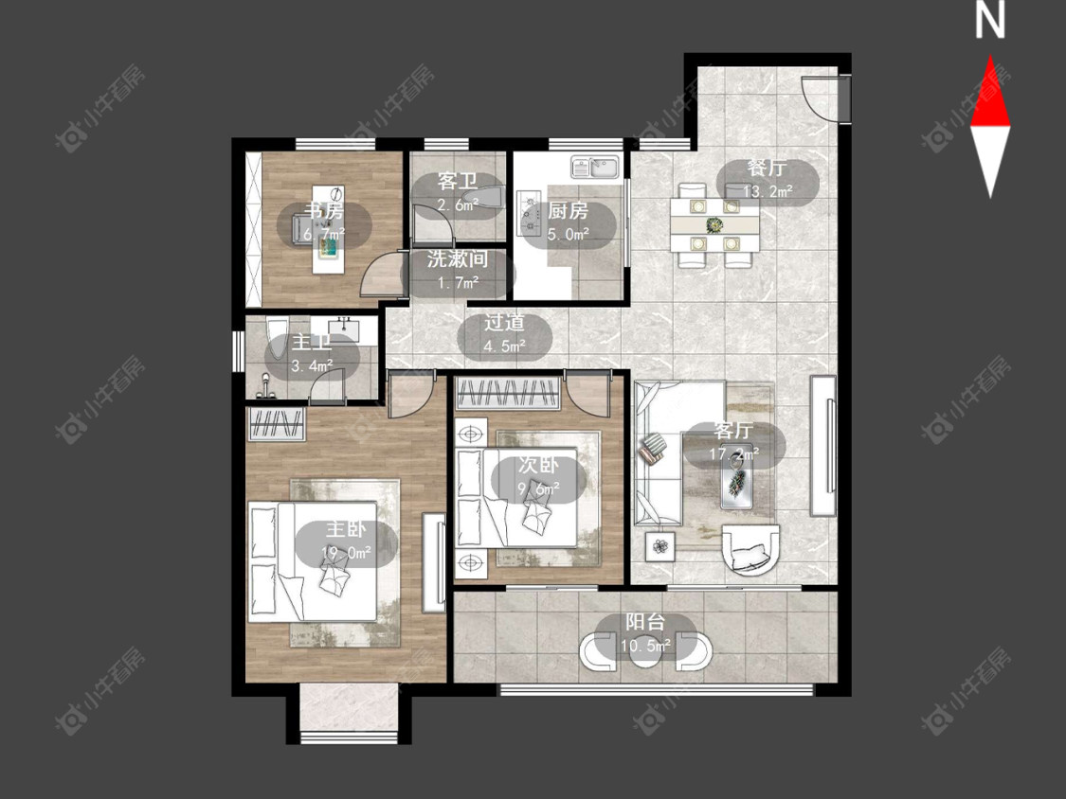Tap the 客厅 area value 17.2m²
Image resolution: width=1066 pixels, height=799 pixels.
(734, 453)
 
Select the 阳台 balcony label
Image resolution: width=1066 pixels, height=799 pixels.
(645, 622)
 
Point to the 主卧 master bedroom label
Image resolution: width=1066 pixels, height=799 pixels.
(345, 530)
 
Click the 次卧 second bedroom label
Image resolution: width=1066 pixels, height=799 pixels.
(538, 466)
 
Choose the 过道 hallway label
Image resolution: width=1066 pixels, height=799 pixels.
(504, 323)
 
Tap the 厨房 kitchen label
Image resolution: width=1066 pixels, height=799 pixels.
(568, 211)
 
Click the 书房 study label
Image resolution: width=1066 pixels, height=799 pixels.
(324, 210)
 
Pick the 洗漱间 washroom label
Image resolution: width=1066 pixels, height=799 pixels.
(458, 258)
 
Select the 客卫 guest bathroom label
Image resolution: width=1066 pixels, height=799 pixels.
(458, 182)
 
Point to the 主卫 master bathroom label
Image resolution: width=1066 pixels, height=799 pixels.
(312, 343)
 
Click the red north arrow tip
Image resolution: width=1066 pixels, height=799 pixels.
(990, 57)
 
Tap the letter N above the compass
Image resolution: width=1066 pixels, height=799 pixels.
(990, 21)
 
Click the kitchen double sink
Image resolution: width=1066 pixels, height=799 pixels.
(595, 167)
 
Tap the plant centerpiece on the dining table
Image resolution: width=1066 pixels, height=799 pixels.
(714, 224)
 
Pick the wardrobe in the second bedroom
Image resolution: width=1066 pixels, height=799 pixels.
(508, 393)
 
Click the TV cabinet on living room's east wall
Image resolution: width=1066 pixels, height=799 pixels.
(823, 446)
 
